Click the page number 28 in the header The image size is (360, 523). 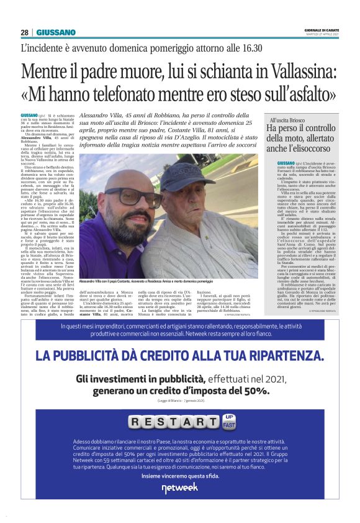[24, 32]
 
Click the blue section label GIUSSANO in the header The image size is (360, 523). [56, 32]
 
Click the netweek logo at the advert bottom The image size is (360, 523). [180, 488]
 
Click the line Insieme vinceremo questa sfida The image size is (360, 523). [180, 475]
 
